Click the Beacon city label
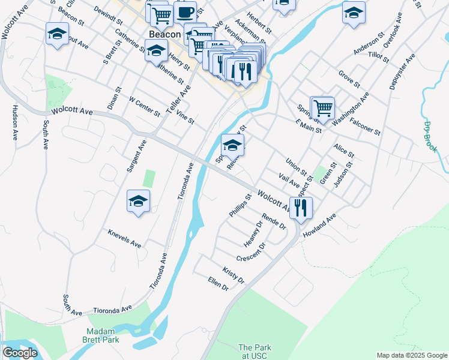pyautogui.click(x=164, y=35)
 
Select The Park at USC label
pyautogui.click(x=255, y=352)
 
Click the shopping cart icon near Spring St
pyautogui.click(x=322, y=107)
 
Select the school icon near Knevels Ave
pyautogui.click(x=138, y=202)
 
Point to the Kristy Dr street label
pyautogui.click(x=234, y=276)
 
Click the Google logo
pyautogui.click(x=20, y=353)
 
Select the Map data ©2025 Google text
pyautogui.click(x=412, y=355)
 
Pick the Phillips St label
pyautogui.click(x=240, y=205)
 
